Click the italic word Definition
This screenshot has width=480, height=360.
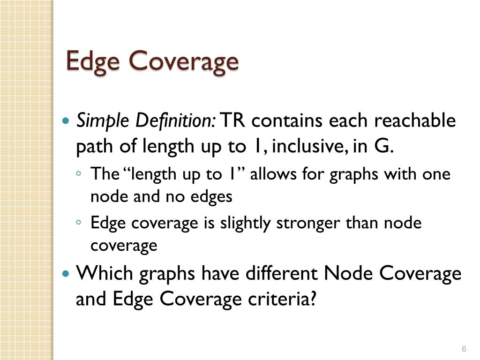[x=175, y=121]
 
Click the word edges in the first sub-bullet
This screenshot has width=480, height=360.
[x=211, y=196]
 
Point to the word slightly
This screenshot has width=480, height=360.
[x=246, y=224]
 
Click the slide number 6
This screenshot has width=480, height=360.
[x=464, y=349]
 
